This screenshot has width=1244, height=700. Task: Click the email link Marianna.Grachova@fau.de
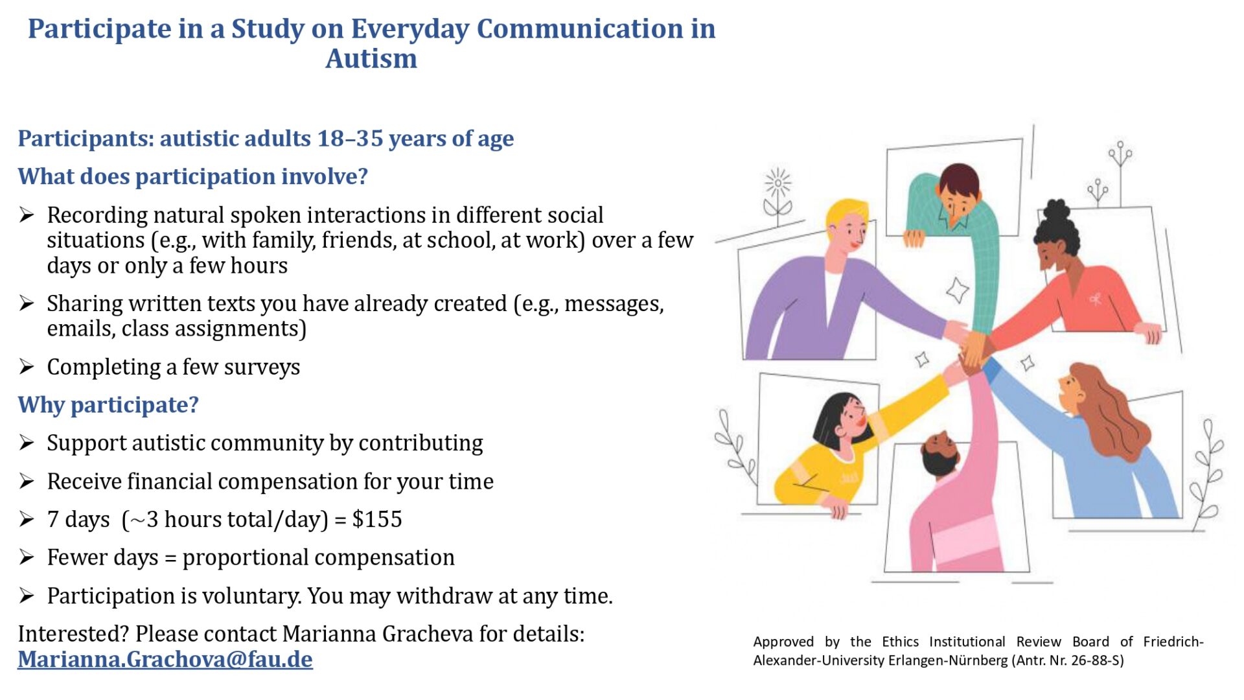165,659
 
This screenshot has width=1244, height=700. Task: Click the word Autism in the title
371,58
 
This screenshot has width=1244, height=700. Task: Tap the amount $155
377,519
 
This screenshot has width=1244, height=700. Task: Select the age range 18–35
350,138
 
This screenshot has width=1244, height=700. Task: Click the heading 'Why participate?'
108,405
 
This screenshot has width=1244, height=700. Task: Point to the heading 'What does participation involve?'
192,176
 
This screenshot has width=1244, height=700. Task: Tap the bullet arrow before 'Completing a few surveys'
27,367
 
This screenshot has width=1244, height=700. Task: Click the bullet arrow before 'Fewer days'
27,557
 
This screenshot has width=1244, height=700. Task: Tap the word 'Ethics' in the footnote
900,642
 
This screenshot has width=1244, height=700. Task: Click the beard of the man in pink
937,462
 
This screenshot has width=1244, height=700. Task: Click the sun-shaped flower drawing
777,183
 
